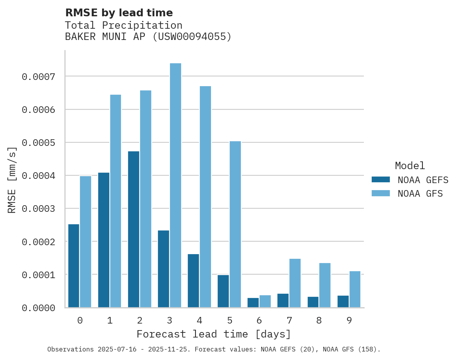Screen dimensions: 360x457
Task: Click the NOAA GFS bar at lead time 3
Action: pos(175,185)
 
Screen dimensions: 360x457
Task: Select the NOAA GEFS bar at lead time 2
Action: pos(133,229)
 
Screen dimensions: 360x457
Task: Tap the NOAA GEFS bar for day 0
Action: pos(74,266)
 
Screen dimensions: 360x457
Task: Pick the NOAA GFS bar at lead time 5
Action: pos(235,224)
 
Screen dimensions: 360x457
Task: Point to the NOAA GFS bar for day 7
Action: pos(295,283)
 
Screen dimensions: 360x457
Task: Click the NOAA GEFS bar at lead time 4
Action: pos(193,281)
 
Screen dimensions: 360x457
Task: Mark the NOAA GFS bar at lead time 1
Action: pos(116,201)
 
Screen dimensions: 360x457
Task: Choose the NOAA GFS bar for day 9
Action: pos(355,289)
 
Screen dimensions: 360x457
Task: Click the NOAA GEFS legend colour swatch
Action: pos(381,180)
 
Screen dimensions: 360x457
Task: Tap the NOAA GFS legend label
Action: pos(420,194)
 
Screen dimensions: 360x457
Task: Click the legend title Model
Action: pos(410,166)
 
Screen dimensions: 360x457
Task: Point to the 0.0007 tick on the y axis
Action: pos(38,77)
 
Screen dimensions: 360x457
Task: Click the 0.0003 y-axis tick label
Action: pos(38,209)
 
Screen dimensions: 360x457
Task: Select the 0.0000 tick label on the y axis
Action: pos(38,308)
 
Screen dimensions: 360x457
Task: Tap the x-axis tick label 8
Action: pos(319,320)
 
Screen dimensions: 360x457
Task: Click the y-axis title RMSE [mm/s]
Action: pos(12,180)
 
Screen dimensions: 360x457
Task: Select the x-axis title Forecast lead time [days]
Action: pos(214,334)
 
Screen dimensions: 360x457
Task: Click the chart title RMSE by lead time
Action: pos(119,13)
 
